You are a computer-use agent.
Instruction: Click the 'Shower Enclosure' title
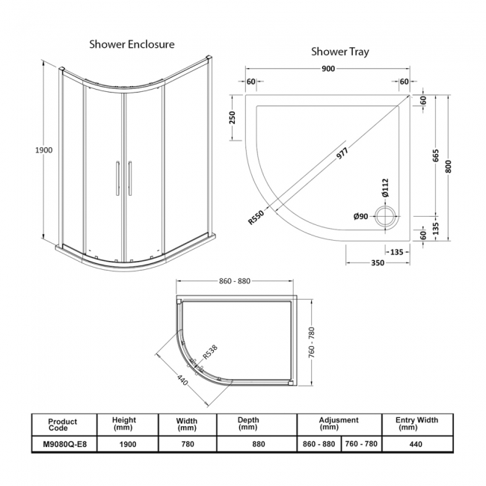click(132, 44)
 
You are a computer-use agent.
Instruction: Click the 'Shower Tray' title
click(339, 52)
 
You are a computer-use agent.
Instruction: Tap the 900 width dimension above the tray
click(327, 69)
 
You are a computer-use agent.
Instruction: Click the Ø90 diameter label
click(360, 217)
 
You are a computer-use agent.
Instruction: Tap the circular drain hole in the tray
click(387, 218)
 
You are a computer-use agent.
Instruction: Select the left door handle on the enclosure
click(115, 179)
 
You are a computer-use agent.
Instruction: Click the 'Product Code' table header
click(62, 425)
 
